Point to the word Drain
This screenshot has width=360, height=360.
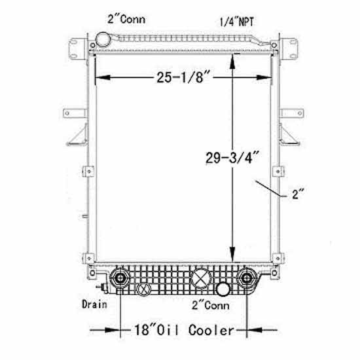95,304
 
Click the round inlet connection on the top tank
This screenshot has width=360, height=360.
103,39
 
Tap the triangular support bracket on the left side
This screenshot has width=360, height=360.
78,135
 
